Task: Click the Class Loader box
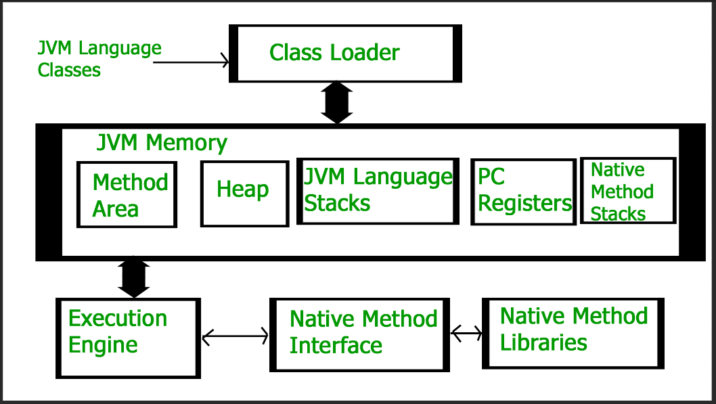click(345, 53)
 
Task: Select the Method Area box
click(127, 194)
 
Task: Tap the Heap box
click(245, 194)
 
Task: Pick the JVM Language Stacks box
click(378, 192)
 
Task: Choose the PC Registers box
click(523, 192)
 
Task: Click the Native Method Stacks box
click(628, 191)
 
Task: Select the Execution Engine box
click(129, 338)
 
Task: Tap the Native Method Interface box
click(360, 335)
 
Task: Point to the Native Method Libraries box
click(573, 333)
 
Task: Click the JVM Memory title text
click(162, 143)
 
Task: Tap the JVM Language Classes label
click(99, 59)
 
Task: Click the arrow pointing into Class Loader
click(191, 61)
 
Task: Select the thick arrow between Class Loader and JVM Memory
click(337, 103)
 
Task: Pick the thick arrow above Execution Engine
click(134, 277)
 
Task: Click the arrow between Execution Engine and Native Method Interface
click(235, 337)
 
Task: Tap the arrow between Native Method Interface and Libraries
click(466, 333)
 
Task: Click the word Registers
click(525, 204)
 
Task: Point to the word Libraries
click(543, 342)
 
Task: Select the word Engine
click(103, 346)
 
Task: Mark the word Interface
click(336, 346)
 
